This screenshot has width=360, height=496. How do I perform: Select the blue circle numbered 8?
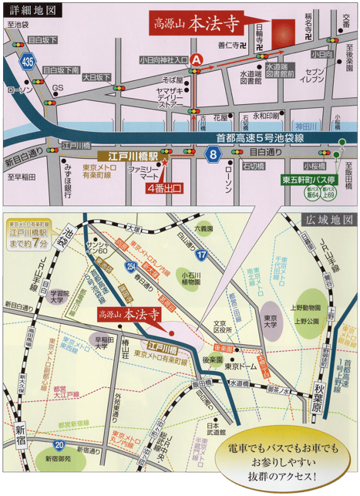[213, 155]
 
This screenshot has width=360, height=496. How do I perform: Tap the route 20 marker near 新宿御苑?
[59, 445]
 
